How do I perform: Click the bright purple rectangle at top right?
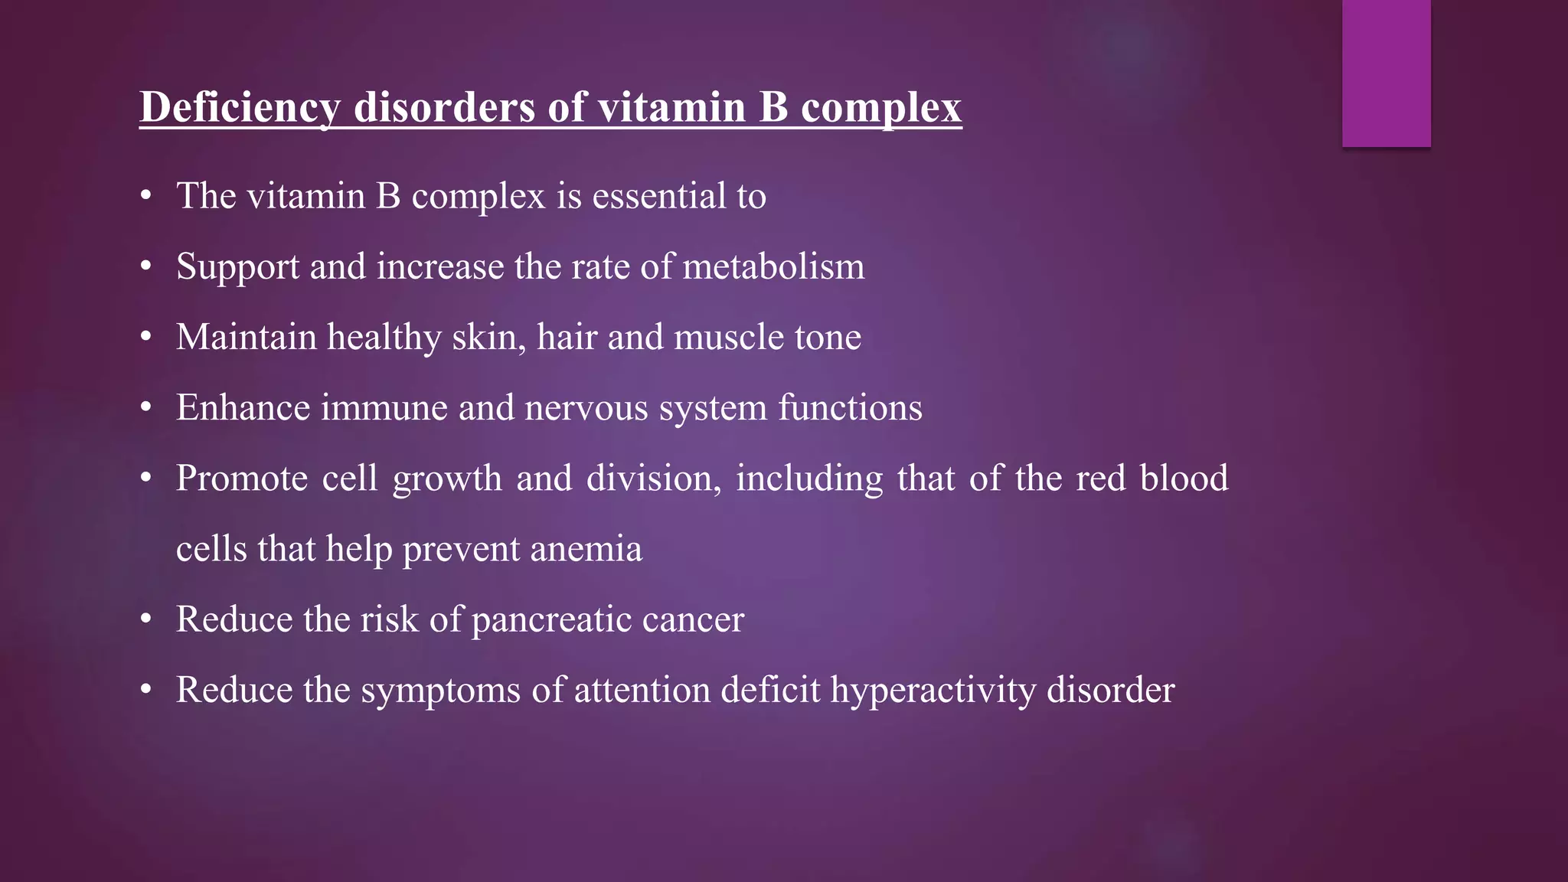coord(1386,73)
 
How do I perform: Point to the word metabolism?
coord(773,266)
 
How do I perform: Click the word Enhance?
coord(243,407)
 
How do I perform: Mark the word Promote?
coord(242,479)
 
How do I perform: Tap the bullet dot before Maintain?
coord(146,338)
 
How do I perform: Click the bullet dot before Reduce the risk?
coord(146,619)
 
